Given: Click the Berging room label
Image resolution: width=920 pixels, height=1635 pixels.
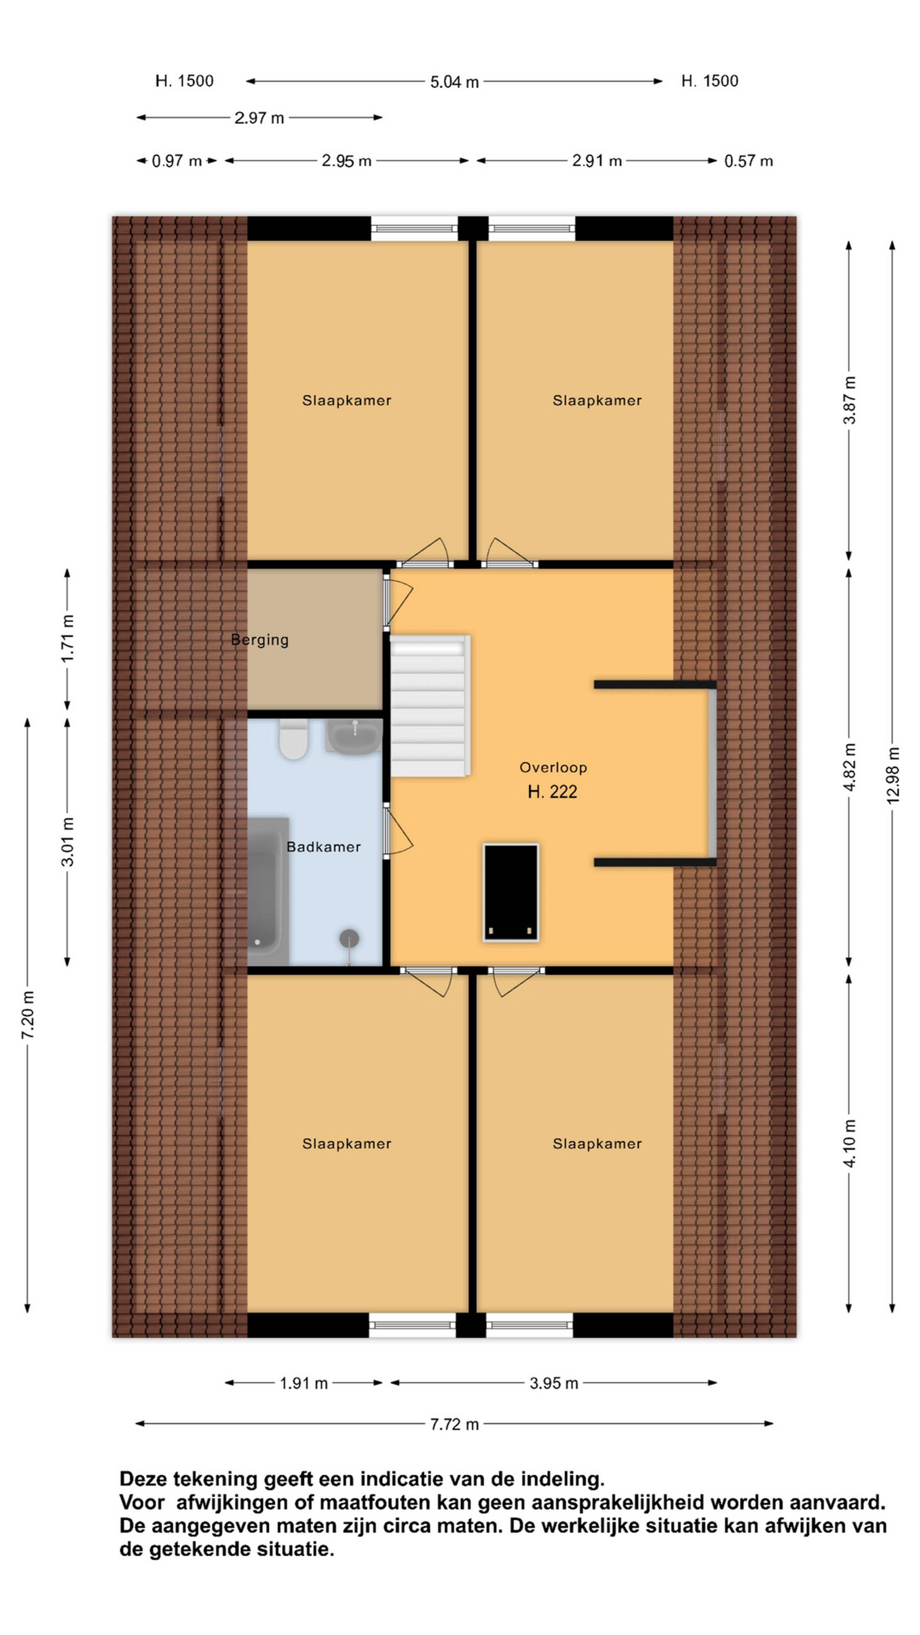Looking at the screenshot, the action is [260, 640].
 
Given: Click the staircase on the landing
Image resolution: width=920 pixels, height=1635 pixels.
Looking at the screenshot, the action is [430, 706].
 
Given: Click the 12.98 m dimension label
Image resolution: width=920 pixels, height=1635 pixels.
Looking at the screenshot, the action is [893, 774].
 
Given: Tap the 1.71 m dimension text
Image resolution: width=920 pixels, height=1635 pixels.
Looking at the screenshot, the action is [67, 639].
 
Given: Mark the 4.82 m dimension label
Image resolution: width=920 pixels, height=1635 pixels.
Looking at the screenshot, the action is [850, 767].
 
